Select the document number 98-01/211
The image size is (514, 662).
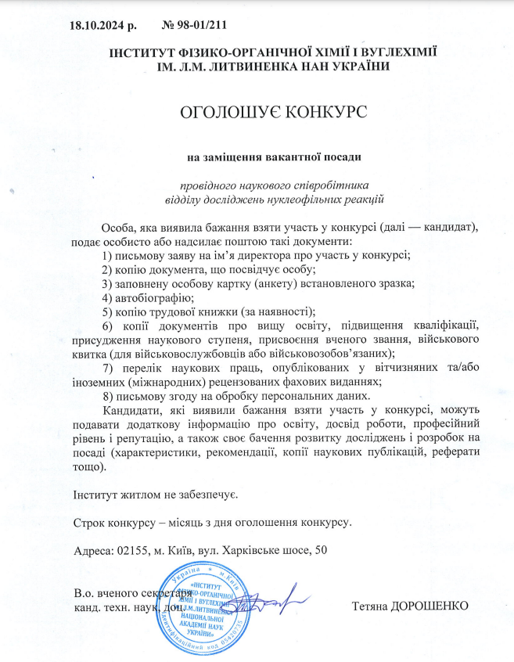[199, 24]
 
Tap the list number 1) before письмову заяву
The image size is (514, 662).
[108, 255]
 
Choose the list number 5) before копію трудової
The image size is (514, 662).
[108, 311]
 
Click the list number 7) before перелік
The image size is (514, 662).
[108, 368]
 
